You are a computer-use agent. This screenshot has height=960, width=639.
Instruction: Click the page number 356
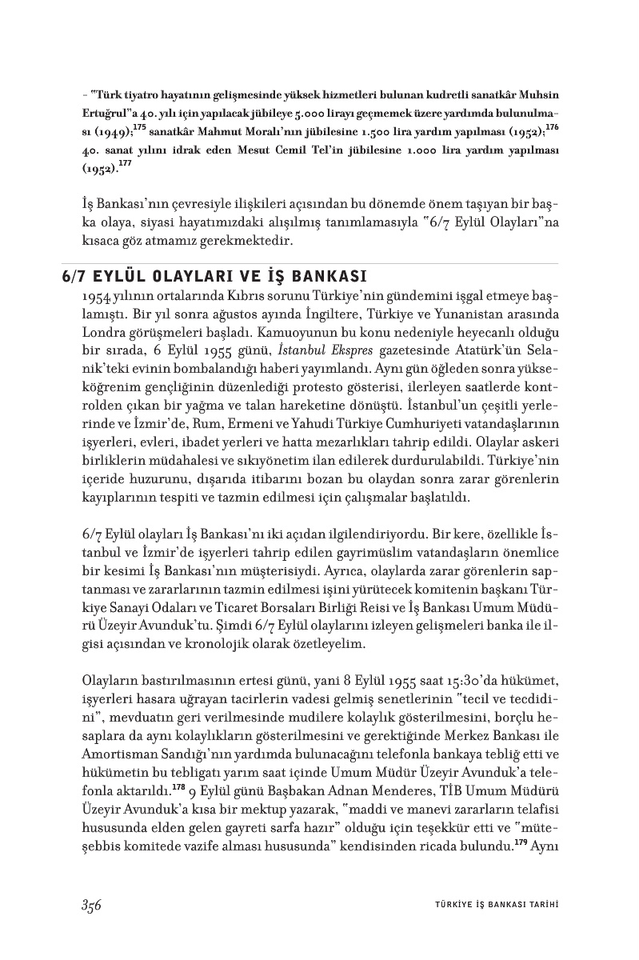(90, 905)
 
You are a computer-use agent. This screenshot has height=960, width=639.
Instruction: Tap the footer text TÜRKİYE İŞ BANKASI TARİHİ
(490, 906)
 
